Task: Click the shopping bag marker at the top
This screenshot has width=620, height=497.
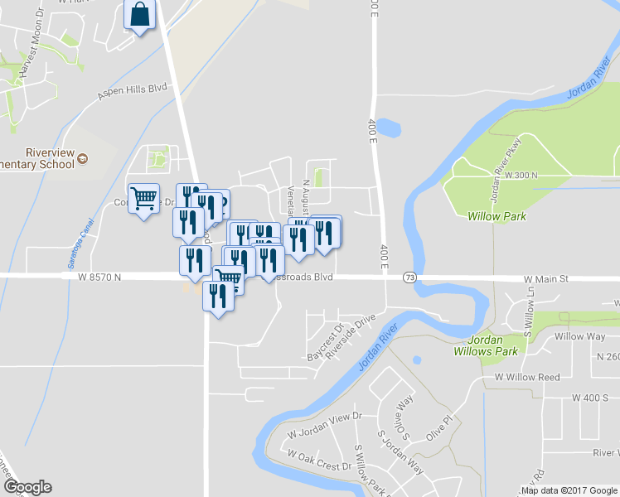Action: point(139,14)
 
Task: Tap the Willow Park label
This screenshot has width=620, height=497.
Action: point(491,215)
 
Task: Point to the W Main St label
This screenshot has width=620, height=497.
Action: point(545,281)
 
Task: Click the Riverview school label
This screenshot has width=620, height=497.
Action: point(50,158)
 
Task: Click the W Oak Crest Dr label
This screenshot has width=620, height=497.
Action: point(319,460)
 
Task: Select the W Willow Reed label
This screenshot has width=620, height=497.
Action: point(527,377)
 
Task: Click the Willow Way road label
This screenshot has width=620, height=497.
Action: point(579,336)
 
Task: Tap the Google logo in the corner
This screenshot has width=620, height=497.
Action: point(27,487)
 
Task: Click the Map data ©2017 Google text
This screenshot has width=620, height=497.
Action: point(570,490)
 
